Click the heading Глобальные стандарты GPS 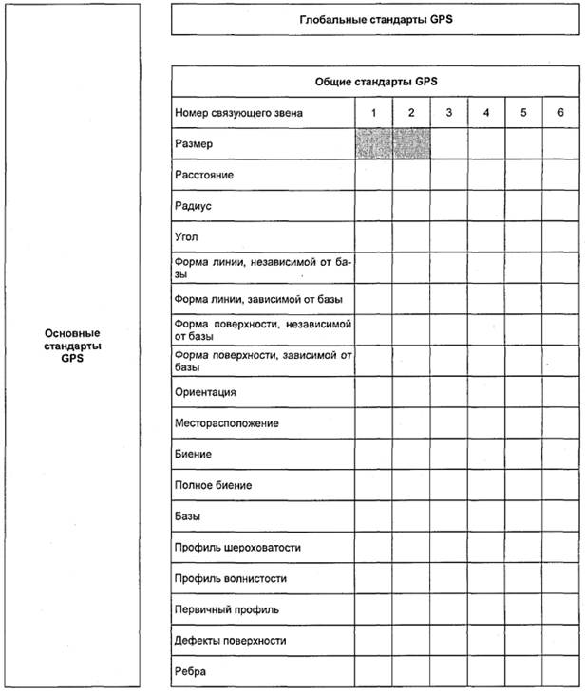pos(376,19)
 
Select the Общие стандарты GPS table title pos(376,81)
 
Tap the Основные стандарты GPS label pos(72,346)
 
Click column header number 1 pos(374,113)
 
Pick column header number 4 pos(486,113)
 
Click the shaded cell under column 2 pos(411,144)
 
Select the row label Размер pos(195,144)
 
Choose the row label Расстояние pos(204,176)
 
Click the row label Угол pos(187,236)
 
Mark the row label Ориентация pos(205,391)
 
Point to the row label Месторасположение pos(226,422)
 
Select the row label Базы pos(189,516)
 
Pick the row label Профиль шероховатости pos(231,548)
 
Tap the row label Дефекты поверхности pos(230,641)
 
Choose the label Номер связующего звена pos(238,113)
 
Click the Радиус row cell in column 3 pos(449,206)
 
